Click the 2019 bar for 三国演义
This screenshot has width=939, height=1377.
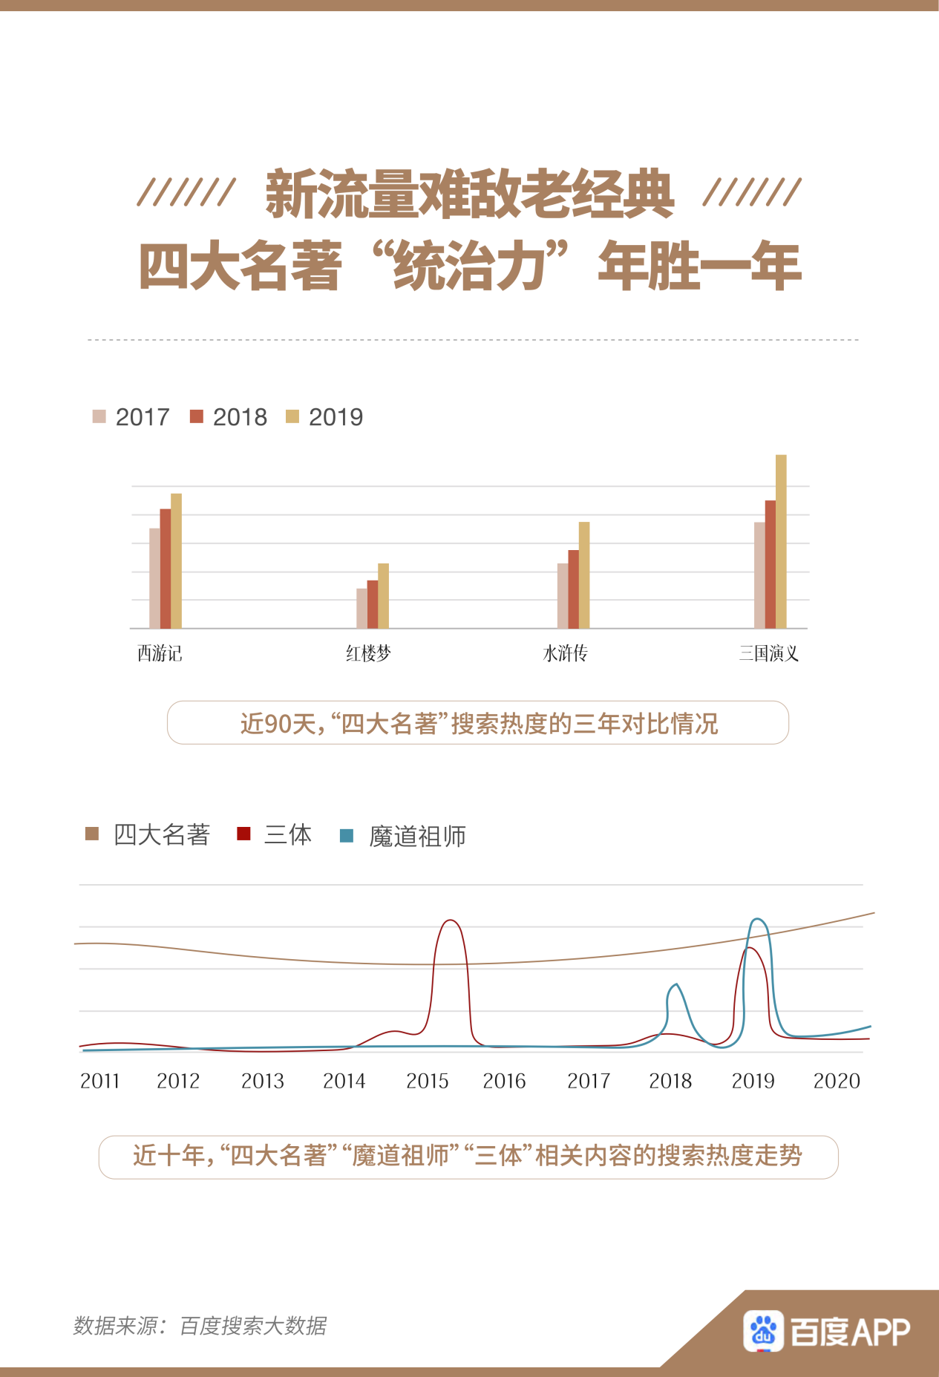tap(781, 542)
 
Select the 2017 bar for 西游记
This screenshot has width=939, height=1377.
tap(154, 578)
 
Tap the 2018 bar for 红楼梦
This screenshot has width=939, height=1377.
tap(373, 604)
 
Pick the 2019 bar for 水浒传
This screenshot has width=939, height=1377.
tap(584, 575)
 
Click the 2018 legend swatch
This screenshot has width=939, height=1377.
tap(197, 416)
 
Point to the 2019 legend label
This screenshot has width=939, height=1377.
tap(336, 417)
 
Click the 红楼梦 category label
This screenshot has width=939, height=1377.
tap(368, 653)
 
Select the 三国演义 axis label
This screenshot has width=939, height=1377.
tap(768, 653)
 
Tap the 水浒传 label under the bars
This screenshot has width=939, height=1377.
tap(565, 653)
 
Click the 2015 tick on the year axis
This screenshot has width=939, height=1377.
tap(427, 1081)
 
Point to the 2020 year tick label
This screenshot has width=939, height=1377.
tap(837, 1081)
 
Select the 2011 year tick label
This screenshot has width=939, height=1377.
tap(99, 1081)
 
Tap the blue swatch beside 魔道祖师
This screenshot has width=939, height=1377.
tap(346, 836)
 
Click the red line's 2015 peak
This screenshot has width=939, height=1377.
tap(451, 920)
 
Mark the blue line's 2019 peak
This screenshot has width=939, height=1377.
tap(758, 920)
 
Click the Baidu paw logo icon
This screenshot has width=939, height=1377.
tap(763, 1331)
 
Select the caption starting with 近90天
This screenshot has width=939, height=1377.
tap(478, 723)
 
